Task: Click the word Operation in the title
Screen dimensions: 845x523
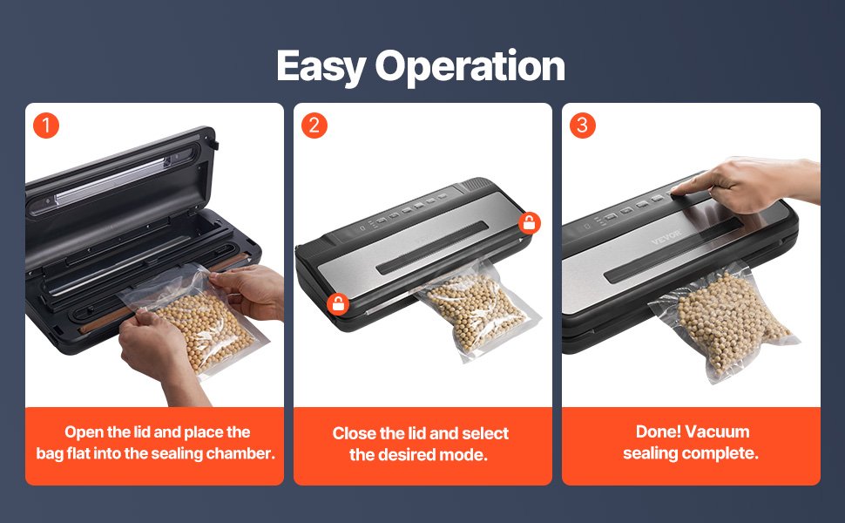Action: [470, 65]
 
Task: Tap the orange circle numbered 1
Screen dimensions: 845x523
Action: [46, 126]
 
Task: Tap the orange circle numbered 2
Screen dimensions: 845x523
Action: [314, 126]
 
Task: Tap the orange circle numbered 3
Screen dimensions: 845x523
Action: [583, 126]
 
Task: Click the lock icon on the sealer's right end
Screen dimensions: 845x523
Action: [529, 222]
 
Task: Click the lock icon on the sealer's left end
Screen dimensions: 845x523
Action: [338, 304]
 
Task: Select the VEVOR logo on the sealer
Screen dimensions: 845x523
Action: [666, 237]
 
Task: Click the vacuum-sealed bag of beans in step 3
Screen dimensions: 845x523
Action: [725, 323]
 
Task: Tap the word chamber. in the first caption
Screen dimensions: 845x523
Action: [241, 453]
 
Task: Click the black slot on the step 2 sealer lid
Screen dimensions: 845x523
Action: [432, 248]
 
